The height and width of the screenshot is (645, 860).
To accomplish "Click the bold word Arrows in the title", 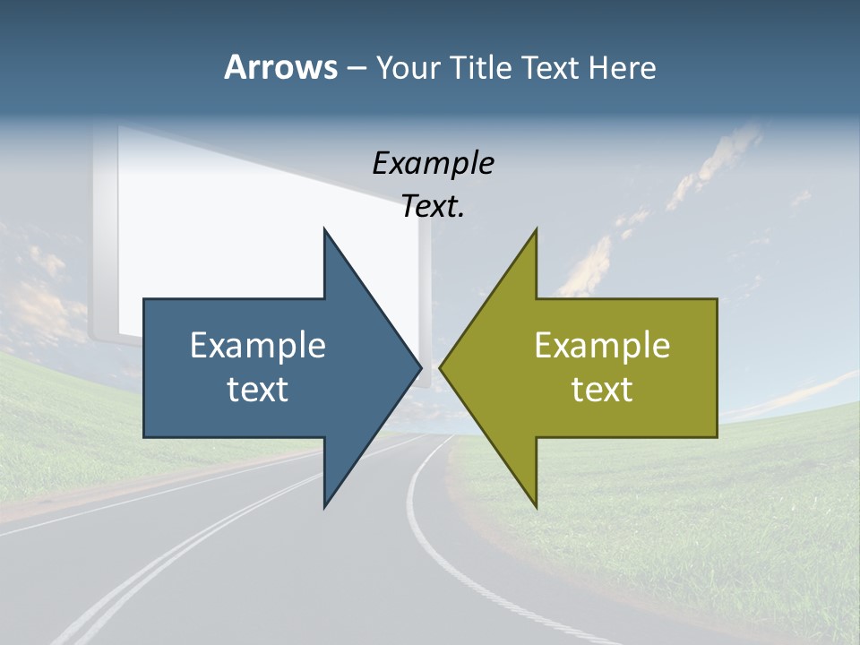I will (280, 67).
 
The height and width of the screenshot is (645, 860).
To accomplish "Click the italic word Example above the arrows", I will (433, 164).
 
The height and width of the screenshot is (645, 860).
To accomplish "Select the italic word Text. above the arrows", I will (433, 207).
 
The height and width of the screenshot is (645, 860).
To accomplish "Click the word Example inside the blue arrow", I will (258, 346).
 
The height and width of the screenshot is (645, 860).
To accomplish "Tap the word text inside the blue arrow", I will (258, 390).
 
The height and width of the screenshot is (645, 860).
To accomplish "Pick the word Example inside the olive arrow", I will (602, 346).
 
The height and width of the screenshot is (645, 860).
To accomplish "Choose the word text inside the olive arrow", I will (602, 390).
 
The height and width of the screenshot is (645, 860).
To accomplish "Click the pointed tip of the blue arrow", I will (420, 367).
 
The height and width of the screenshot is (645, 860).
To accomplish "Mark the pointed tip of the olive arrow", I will (440, 367).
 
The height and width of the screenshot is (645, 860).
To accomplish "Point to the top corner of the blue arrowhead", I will (324, 229).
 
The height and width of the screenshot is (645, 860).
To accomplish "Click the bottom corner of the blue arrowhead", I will (324, 507).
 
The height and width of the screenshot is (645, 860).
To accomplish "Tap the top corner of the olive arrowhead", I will (536, 229).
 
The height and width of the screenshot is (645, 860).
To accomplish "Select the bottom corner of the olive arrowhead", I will (536, 507).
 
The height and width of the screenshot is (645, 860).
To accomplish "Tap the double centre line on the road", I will (179, 555).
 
